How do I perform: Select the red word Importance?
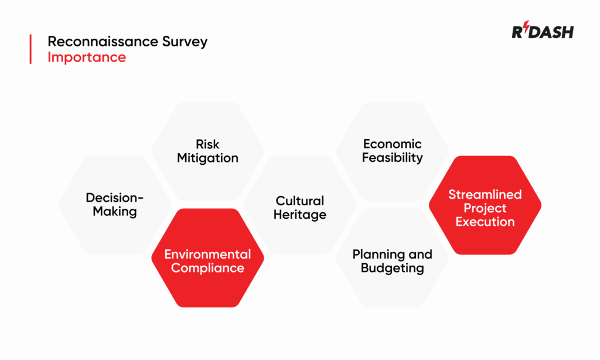86,57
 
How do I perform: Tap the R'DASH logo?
542,32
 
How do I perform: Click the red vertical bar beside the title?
30,49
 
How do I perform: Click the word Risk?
207,144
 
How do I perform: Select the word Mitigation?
207,158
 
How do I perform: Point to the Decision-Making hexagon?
115,205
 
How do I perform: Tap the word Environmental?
207,254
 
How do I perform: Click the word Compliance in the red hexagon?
207,269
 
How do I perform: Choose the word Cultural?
299,201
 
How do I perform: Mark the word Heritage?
299,215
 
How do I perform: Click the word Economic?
392,144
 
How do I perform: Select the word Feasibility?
392,158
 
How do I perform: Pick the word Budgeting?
392,269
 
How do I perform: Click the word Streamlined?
485,194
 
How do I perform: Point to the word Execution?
485,222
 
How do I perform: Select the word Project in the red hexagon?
485,208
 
